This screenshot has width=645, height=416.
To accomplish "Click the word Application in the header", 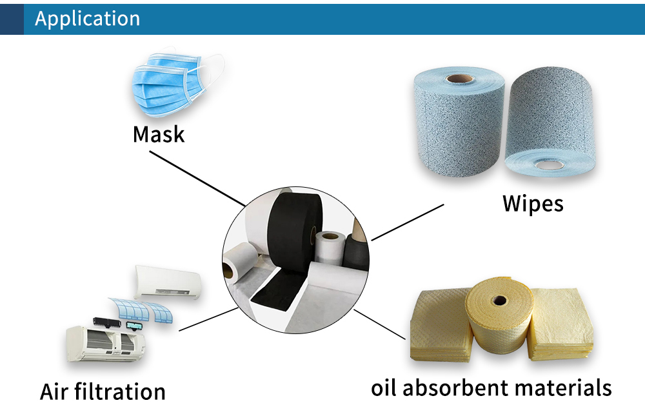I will [x=87, y=18].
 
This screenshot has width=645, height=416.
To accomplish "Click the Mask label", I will [x=159, y=134].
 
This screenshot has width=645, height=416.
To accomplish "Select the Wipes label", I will [x=533, y=203].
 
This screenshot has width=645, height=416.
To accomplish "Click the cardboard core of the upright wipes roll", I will [x=459, y=79].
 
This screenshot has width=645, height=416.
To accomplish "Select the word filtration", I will [x=126, y=391].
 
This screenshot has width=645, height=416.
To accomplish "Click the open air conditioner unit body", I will [x=103, y=345].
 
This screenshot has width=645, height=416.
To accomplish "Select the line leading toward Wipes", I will [x=408, y=222].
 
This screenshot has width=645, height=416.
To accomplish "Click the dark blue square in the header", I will [x=12, y=18].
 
